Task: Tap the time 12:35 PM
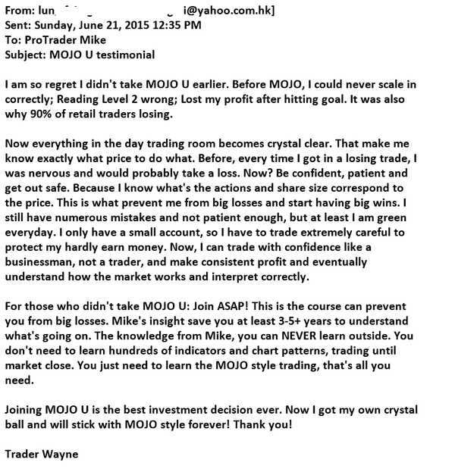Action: (x=178, y=25)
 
